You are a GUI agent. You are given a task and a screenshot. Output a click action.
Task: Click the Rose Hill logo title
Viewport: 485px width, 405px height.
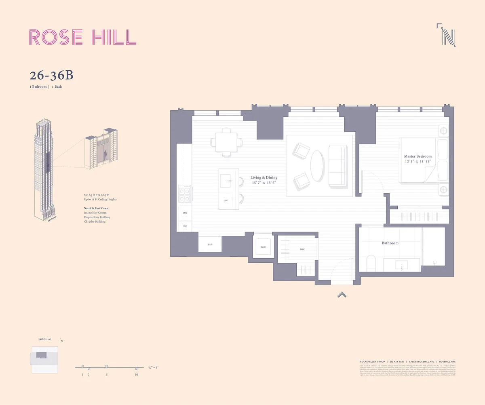click(x=82, y=37)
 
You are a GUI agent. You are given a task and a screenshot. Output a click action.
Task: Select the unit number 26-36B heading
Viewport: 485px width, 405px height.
click(x=51, y=76)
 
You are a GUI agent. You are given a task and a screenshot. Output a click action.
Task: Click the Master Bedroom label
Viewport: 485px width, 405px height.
click(x=418, y=156)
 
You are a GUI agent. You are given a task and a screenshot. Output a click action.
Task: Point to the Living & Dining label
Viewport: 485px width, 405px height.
click(x=264, y=178)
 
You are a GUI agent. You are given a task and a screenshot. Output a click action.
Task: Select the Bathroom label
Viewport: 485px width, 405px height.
click(x=390, y=243)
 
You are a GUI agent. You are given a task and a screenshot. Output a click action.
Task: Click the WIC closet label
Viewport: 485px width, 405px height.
click(x=302, y=249)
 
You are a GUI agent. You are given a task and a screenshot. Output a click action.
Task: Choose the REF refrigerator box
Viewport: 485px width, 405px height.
click(x=210, y=245)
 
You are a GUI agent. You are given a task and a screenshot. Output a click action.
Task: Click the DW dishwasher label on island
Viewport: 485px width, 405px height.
click(x=226, y=200)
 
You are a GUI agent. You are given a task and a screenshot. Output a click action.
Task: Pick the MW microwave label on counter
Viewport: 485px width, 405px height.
click(x=185, y=213)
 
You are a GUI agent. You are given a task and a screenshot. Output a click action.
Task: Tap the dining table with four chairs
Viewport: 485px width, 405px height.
click(x=226, y=142)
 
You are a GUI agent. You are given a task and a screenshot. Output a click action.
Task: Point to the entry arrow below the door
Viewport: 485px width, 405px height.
click(x=342, y=295)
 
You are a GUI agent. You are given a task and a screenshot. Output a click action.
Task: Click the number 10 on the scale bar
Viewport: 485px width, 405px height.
click(x=137, y=375)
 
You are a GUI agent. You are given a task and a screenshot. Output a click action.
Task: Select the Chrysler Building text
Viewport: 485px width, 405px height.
click(x=95, y=222)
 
